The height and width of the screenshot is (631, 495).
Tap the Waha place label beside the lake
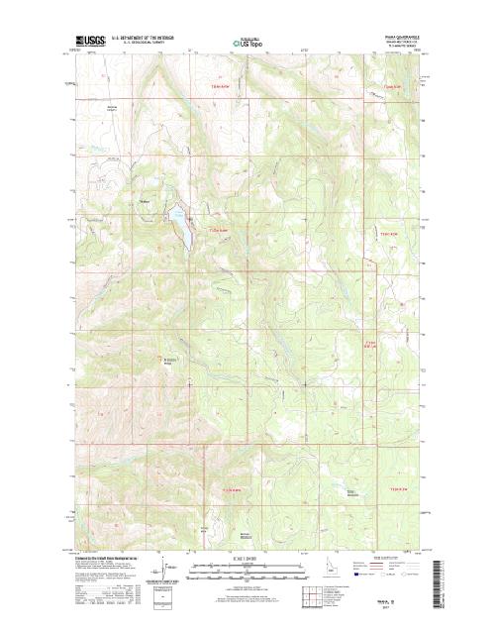point(145,205)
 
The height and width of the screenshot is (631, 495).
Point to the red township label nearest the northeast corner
point(393,87)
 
